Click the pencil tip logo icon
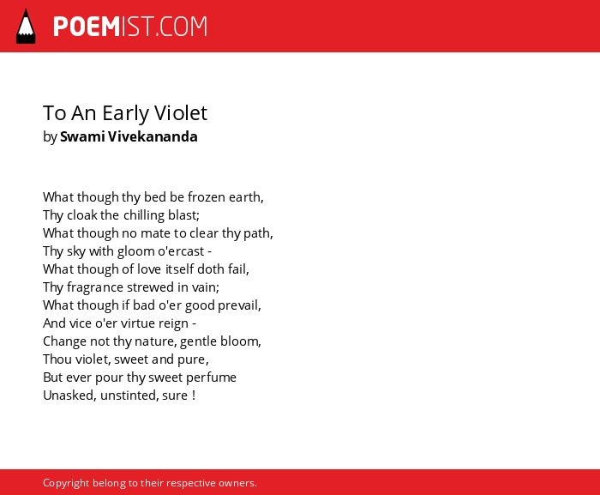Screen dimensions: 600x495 click(26, 27)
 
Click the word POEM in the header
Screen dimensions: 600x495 click(87, 27)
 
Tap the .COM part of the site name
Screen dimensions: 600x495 click(182, 27)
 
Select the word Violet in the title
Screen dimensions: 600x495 click(181, 112)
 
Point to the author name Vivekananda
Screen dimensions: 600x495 click(153, 136)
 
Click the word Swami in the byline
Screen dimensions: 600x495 click(82, 136)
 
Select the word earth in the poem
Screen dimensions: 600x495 click(244, 197)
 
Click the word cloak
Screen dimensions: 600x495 click(82, 215)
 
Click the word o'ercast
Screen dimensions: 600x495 click(182, 251)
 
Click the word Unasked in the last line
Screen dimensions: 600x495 click(68, 395)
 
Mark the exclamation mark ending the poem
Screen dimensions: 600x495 click(194, 395)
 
